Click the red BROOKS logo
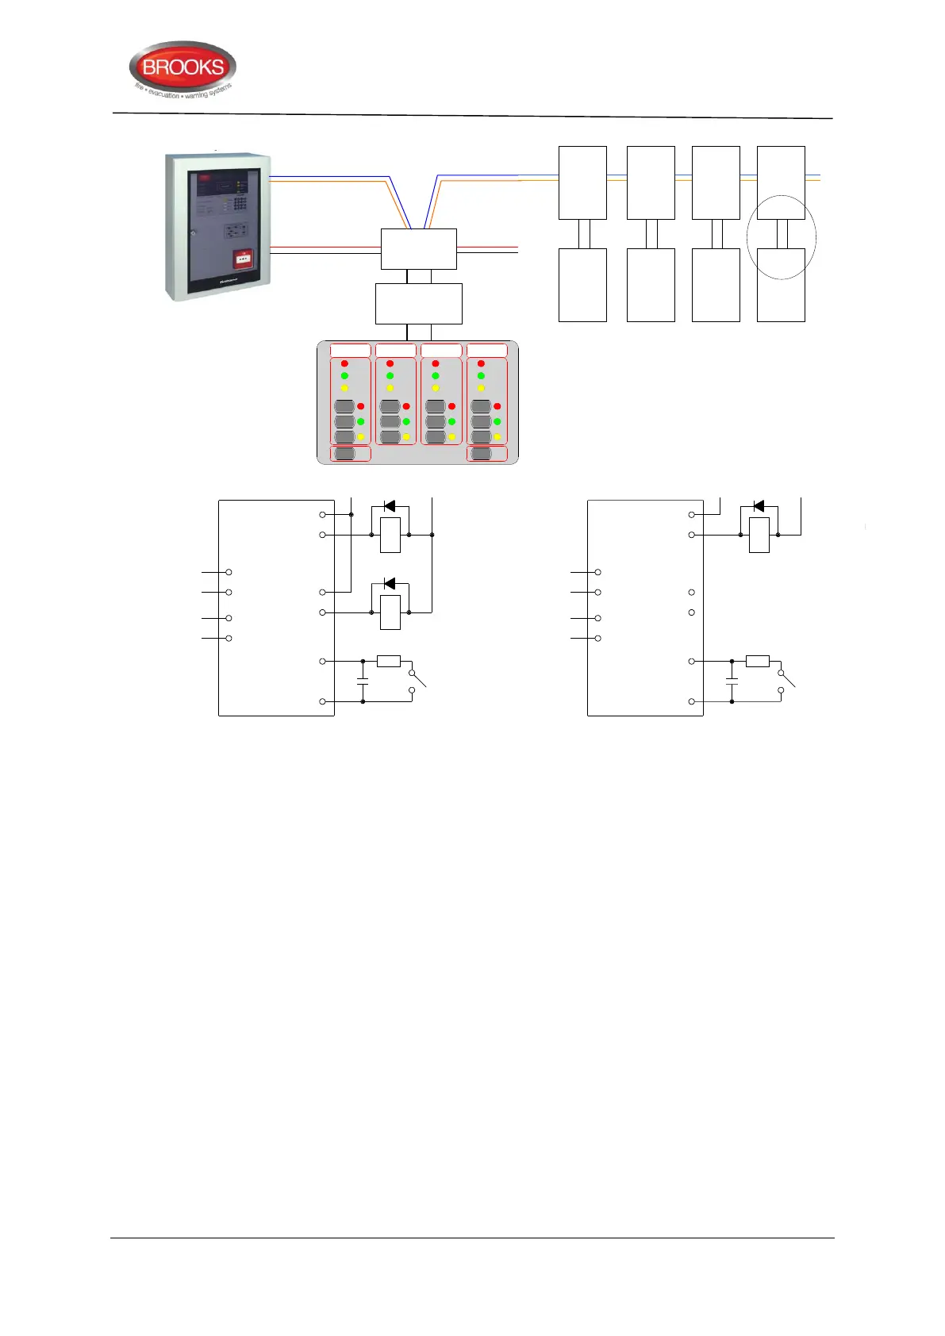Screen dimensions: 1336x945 182,68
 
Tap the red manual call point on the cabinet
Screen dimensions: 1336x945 243,259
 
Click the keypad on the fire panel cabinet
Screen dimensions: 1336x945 240,204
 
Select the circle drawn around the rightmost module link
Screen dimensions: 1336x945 782,236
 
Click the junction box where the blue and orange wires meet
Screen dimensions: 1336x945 418,249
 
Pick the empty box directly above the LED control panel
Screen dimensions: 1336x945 418,303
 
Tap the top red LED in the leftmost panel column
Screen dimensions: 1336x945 344,363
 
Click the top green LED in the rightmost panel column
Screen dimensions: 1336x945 481,375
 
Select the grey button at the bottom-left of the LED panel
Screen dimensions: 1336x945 344,454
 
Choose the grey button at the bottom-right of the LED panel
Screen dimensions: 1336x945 481,454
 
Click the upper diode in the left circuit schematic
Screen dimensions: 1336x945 389,505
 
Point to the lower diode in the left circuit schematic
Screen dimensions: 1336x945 389,583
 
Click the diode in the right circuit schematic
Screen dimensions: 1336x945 759,505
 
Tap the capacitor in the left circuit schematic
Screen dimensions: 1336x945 363,681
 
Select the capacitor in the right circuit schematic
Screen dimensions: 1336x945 732,681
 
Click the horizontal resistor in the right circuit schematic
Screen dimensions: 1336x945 758,661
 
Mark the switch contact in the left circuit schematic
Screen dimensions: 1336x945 417,681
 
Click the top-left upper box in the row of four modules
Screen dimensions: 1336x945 582,182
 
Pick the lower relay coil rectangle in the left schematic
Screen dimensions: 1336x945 390,612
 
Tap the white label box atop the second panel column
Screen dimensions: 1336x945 395,350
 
